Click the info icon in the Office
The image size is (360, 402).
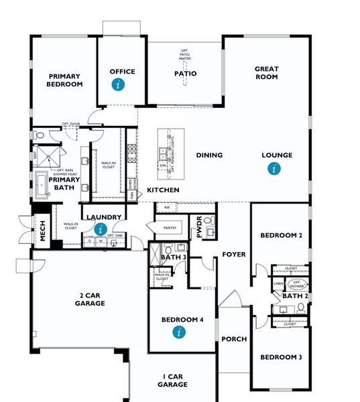(119, 84)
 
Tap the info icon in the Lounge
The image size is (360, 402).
(273, 169)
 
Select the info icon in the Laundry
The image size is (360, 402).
(101, 230)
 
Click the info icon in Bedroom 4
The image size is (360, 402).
(178, 332)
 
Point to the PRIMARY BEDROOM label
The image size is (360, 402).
(64, 80)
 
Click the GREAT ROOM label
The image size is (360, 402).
(266, 73)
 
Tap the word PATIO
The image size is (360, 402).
(185, 74)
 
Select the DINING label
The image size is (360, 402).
(209, 155)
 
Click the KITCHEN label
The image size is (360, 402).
(163, 191)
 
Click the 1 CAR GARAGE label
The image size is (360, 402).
(172, 381)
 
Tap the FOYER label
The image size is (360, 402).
(234, 255)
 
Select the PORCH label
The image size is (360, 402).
(234, 340)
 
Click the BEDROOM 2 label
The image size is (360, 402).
(282, 236)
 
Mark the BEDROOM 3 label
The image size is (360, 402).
(280, 357)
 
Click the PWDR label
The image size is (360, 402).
(199, 226)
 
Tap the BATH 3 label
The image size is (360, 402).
(173, 257)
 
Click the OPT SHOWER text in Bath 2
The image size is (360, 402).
(299, 284)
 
